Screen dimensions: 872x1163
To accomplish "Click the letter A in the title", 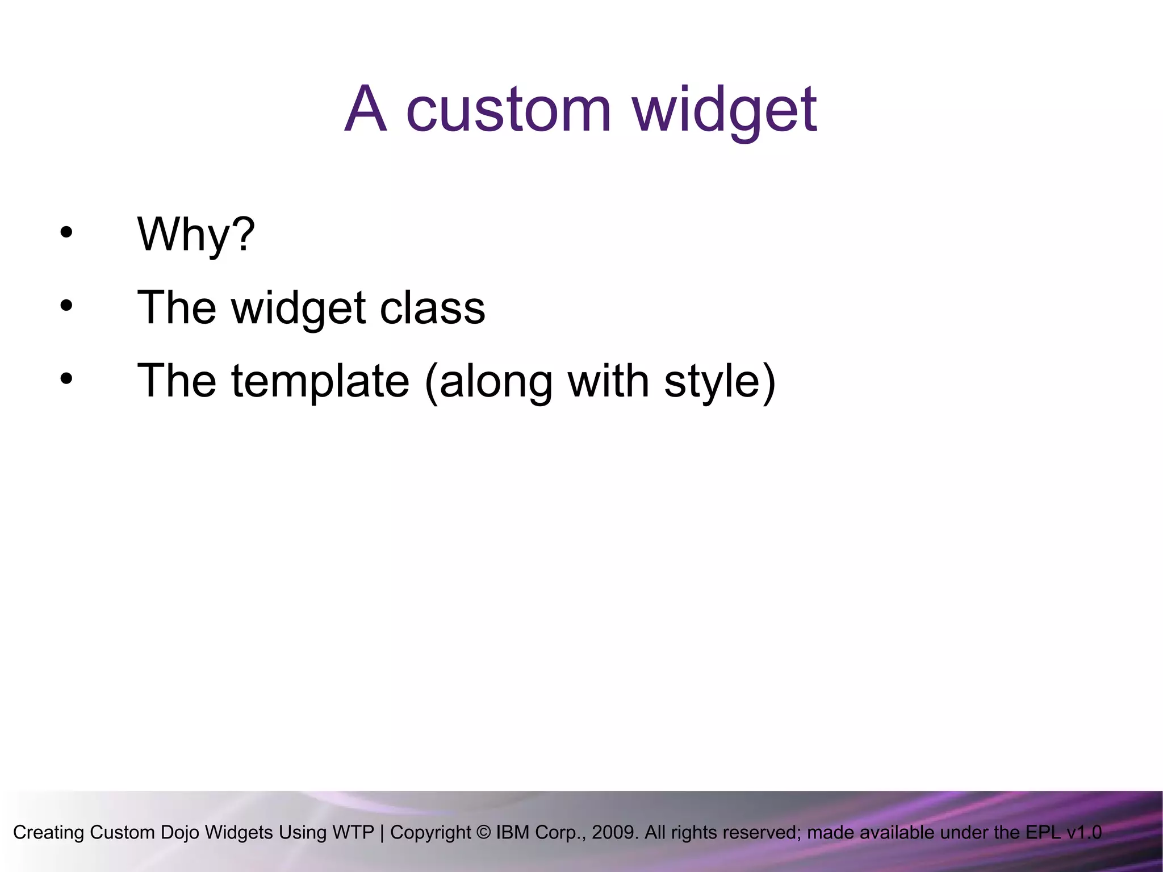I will pyautogui.click(x=366, y=109).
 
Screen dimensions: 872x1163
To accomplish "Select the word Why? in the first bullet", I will pyautogui.click(x=196, y=234).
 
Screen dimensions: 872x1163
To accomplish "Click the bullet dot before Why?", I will pyautogui.click(x=66, y=232).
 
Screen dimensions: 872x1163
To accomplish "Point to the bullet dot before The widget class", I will pyautogui.click(x=66, y=306).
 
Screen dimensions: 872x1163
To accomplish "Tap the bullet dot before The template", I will pyautogui.click(x=66, y=379).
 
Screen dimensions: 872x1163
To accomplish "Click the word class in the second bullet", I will pyautogui.click(x=432, y=308).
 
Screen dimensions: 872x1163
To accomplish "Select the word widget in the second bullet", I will pyautogui.click(x=298, y=308).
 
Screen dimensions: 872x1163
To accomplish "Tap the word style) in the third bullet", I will pyautogui.click(x=719, y=381).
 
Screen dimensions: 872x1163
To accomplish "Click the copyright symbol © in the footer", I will pyautogui.click(x=484, y=833).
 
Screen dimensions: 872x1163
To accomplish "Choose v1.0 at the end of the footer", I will pyautogui.click(x=1084, y=832).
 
